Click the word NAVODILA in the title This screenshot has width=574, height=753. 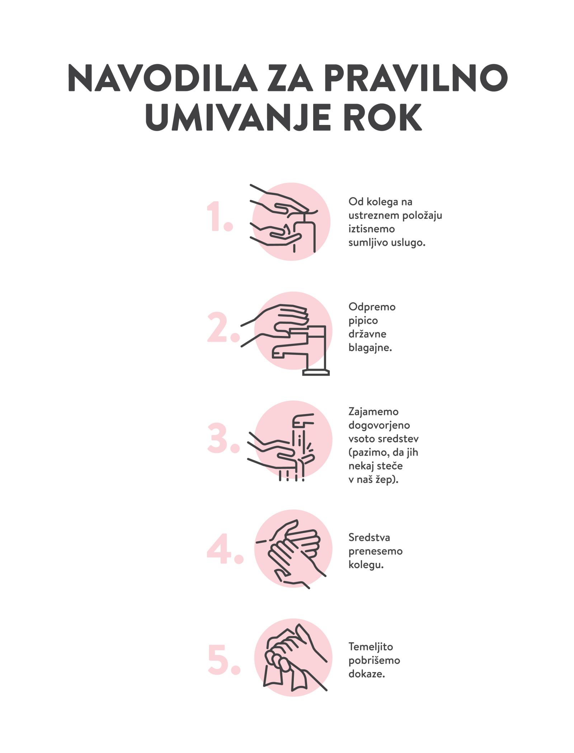coord(163,78)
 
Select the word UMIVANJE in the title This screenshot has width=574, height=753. coord(238,118)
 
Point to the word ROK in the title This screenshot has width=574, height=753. coord(382,118)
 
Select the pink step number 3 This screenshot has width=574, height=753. coord(223,438)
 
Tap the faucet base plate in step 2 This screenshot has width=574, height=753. coord(316,373)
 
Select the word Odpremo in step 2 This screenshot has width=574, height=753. coord(372,307)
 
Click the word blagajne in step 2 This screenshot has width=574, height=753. coord(370,348)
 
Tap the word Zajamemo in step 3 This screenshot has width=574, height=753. coord(373,412)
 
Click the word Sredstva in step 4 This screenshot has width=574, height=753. coord(369,537)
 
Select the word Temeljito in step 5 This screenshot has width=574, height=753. coord(371,647)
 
